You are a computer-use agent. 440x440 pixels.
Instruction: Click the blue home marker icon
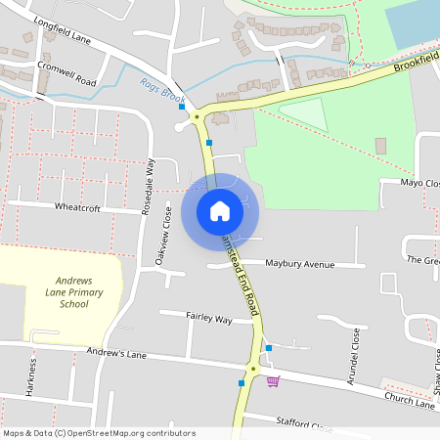pyautogui.click(x=220, y=211)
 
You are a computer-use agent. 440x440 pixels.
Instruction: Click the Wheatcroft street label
pyautogui.click(x=79, y=207)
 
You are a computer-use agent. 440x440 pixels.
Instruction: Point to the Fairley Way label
pyautogui.click(x=209, y=319)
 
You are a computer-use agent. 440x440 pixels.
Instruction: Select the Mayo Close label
pyautogui.click(x=420, y=183)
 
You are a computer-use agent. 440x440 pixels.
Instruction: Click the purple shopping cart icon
pyautogui.click(x=273, y=381)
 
